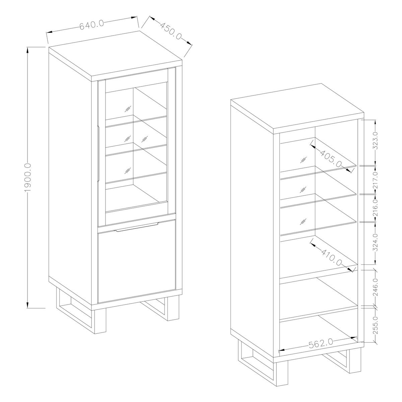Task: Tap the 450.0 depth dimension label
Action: coord(171,31)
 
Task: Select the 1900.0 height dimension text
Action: coord(28,178)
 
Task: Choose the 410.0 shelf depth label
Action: coord(332,257)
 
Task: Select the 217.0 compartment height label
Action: coord(375,180)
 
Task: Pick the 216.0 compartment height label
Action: coord(375,208)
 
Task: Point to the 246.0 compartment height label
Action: coord(375,287)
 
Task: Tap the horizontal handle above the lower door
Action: coord(136,227)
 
